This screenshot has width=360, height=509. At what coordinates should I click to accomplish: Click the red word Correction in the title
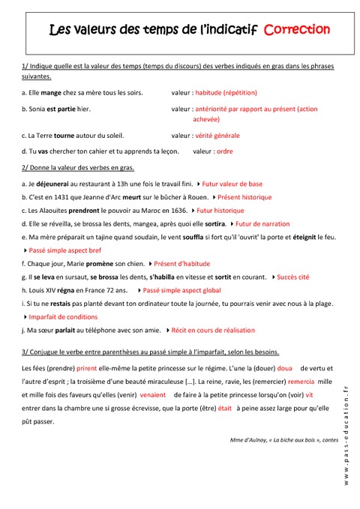click(x=297, y=30)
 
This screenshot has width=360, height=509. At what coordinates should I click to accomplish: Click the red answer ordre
click(x=224, y=151)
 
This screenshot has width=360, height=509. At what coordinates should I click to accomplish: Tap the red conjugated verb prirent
click(x=86, y=369)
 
